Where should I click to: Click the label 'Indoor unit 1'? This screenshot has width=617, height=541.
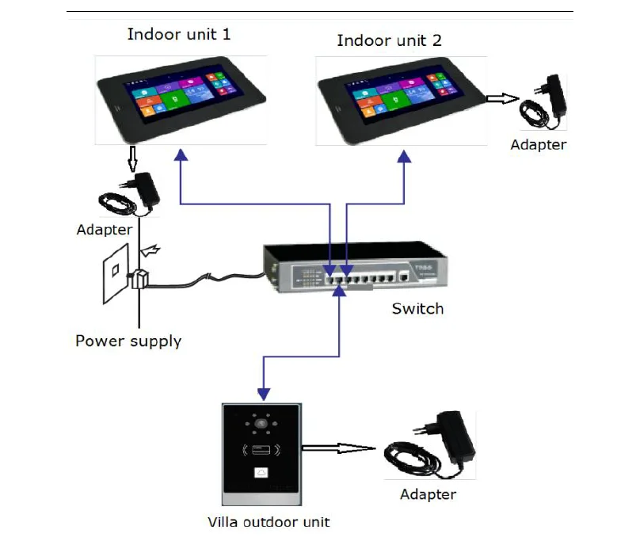coord(179,35)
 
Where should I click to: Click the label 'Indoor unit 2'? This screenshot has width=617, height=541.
coord(389,40)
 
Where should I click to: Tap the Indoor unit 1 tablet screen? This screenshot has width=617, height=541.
coord(179,99)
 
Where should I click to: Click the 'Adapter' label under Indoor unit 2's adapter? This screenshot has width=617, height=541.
coord(539,145)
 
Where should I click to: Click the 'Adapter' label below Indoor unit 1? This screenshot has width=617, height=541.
coord(104,230)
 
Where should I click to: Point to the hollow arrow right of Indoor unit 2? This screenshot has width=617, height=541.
coord(500,99)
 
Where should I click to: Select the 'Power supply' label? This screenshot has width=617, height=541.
coord(128,341)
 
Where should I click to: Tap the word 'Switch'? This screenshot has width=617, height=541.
coord(417,308)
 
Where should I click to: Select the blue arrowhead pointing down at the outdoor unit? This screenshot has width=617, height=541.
coord(264,394)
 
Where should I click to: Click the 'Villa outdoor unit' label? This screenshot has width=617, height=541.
coord(269,522)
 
